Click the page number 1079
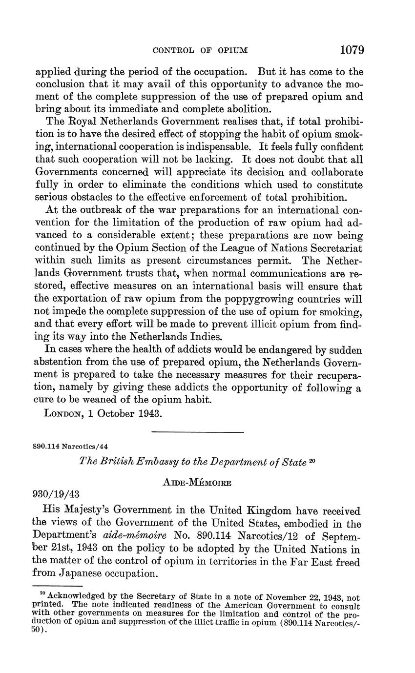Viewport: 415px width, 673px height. [352, 50]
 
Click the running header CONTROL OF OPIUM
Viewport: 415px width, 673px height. [201, 50]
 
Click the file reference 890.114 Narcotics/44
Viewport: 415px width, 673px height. [67, 447]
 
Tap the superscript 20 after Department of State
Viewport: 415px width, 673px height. [311, 460]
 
